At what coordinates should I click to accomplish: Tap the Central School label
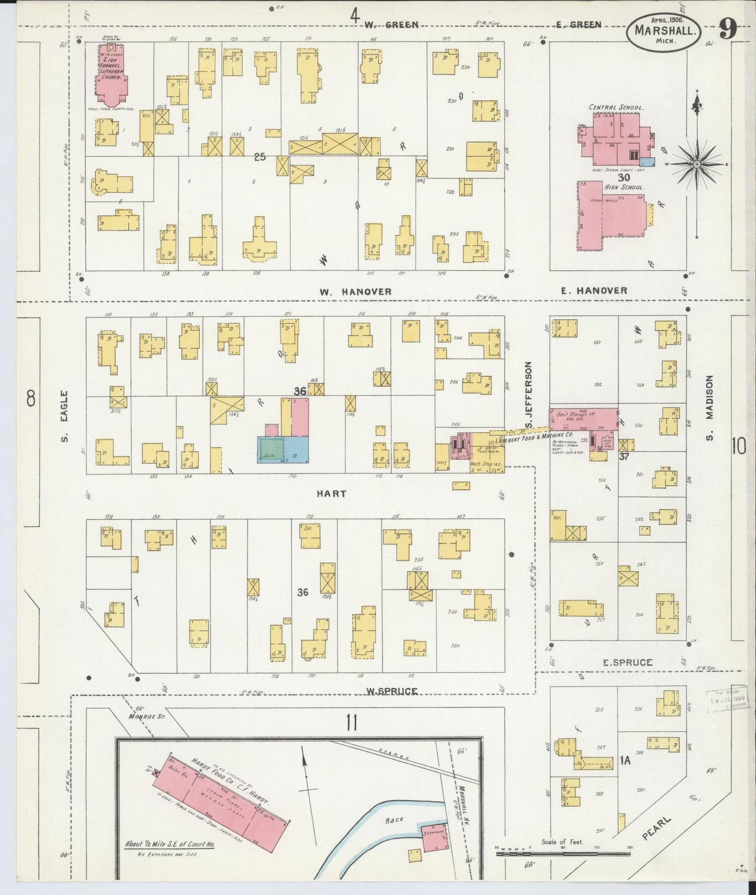coord(615,107)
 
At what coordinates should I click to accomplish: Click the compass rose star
coord(697,164)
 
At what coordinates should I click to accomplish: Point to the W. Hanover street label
coord(356,292)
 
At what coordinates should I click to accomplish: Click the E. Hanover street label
coord(594,290)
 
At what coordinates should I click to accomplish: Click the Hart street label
coord(331,494)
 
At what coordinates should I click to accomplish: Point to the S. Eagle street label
coord(64,416)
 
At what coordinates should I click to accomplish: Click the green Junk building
coord(270,450)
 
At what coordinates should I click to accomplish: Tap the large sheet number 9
coord(728,29)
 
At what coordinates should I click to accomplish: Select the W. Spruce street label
coord(391,691)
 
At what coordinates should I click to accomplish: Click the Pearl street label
coord(656,827)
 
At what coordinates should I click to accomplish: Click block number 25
coord(260,156)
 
